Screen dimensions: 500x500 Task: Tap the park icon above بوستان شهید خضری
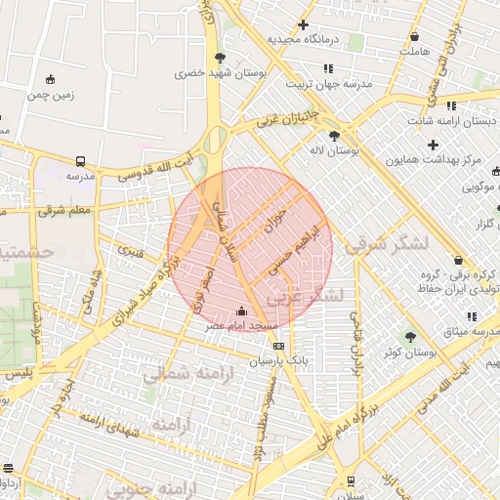point(221,58)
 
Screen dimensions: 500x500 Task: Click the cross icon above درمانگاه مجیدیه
point(304,24)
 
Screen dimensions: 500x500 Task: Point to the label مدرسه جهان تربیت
point(330,85)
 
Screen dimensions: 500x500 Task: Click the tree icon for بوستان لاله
point(336,136)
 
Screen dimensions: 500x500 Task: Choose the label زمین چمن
point(50,95)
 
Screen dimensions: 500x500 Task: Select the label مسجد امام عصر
point(241,325)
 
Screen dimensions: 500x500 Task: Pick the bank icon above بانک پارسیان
point(279,345)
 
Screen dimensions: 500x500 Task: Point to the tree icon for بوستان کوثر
point(410,336)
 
